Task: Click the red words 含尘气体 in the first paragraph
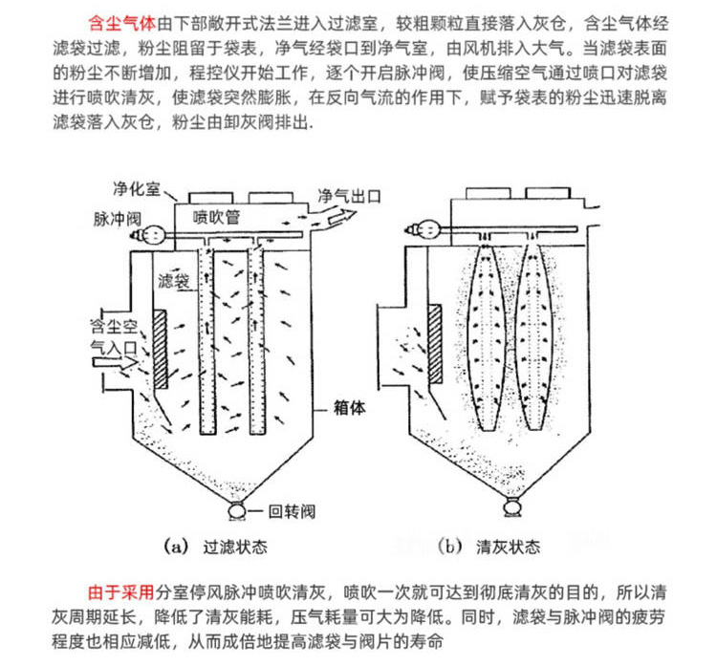click(x=120, y=19)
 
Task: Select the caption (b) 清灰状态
click(x=496, y=547)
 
